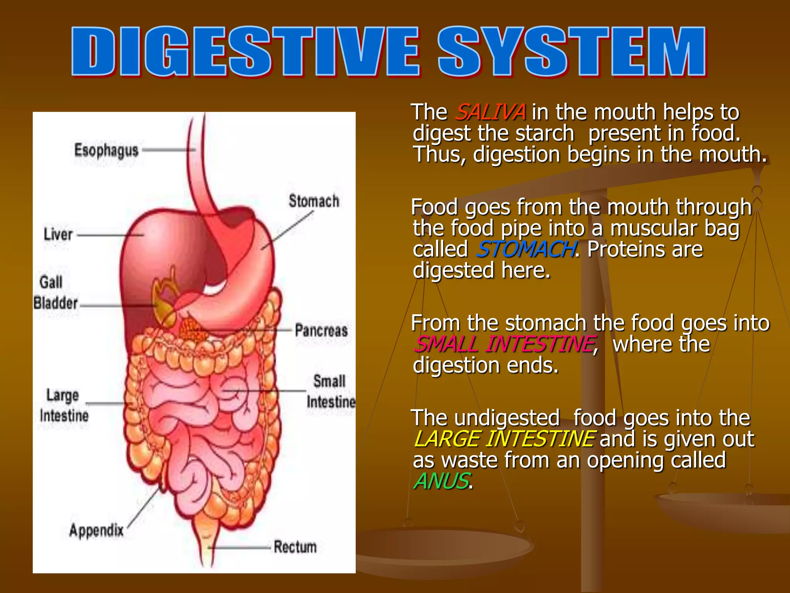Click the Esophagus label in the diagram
[106, 150]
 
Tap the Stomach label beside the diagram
[314, 201]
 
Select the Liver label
[58, 234]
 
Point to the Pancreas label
[321, 330]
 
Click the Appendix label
[96, 530]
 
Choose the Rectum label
[295, 547]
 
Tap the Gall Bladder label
[55, 293]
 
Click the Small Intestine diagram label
[331, 391]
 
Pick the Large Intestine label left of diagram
[64, 405]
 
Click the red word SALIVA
[490, 112]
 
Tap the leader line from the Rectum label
[239, 547]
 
